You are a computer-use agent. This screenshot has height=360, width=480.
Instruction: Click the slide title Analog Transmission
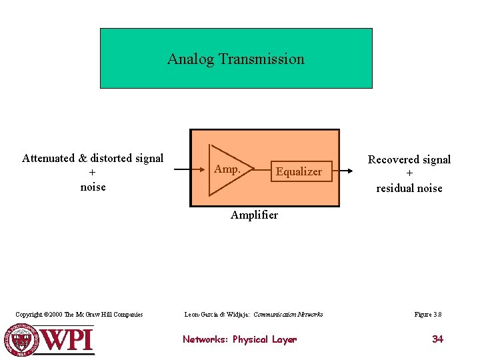[235, 59]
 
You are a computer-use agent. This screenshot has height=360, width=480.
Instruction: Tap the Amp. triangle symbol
[227, 169]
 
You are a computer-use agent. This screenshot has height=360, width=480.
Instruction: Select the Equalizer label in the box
[299, 172]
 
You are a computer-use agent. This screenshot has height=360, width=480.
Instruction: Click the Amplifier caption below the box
[254, 215]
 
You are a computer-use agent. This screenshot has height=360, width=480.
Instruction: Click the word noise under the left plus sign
[93, 187]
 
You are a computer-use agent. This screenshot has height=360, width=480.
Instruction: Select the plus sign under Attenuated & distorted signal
[92, 173]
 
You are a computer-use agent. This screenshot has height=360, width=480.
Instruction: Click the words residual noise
[409, 189]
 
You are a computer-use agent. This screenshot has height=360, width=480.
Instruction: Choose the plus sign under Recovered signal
[409, 174]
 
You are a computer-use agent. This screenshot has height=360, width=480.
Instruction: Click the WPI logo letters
[67, 339]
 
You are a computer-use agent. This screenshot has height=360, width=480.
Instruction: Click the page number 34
[437, 339]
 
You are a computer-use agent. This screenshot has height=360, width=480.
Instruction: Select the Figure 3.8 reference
[428, 315]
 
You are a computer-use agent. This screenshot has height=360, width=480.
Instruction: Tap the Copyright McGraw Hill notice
[79, 315]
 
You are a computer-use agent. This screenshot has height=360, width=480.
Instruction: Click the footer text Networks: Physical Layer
[239, 339]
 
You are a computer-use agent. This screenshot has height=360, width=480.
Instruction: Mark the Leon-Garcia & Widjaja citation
[253, 315]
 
